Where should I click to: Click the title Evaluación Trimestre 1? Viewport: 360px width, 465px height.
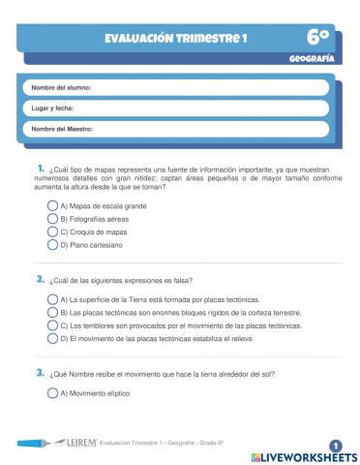(x=177, y=39)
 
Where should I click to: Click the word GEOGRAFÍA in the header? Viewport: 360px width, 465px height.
(x=312, y=58)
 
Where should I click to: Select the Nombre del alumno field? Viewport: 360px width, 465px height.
(x=179, y=88)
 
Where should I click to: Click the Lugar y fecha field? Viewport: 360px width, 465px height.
(x=179, y=108)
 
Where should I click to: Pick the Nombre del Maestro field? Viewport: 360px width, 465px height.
(x=179, y=129)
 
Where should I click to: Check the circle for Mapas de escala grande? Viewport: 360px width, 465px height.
(x=52, y=206)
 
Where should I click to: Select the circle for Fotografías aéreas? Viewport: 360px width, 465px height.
(x=52, y=219)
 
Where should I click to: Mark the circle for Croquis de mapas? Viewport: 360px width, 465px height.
(x=52, y=232)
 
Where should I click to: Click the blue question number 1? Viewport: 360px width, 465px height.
(x=41, y=169)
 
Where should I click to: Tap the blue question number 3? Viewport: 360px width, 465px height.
(x=41, y=373)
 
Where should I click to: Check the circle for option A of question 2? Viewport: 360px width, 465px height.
(x=52, y=300)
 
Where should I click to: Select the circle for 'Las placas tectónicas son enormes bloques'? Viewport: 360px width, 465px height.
(x=52, y=313)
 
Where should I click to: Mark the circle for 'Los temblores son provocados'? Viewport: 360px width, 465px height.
(x=52, y=326)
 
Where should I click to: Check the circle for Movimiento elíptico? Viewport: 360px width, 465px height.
(x=52, y=393)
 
